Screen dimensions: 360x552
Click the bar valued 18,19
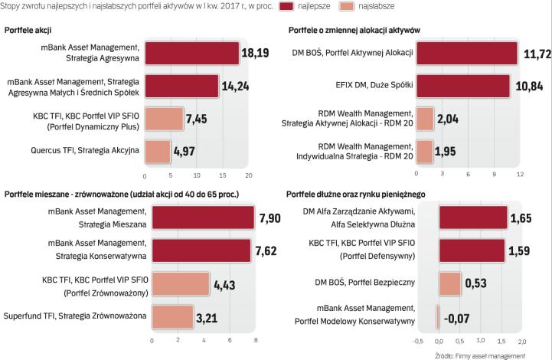click(191, 53)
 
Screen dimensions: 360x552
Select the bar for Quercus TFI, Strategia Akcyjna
click(157, 151)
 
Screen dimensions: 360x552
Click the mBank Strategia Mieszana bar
click(203, 218)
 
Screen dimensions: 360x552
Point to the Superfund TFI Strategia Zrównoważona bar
click(172, 316)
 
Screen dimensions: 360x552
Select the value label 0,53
click(476, 283)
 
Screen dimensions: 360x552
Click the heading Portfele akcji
click(28, 29)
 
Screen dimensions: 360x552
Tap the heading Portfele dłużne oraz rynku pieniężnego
click(355, 195)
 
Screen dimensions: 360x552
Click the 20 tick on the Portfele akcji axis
click(249, 175)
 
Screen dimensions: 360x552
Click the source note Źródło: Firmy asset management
click(480, 355)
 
